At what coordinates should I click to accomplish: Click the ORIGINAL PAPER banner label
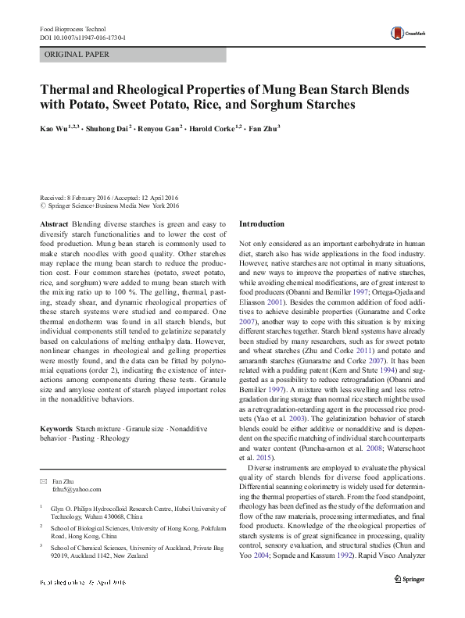tap(77, 55)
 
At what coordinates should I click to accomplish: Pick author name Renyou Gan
tap(162, 127)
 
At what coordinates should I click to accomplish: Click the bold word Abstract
tap(53, 224)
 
